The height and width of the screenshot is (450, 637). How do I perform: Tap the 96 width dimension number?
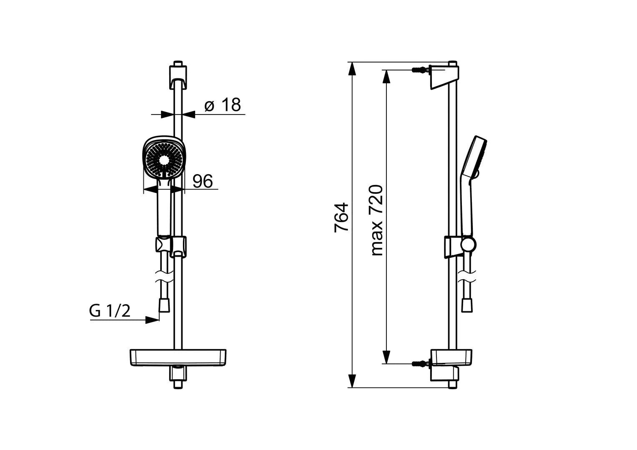pyautogui.click(x=203, y=181)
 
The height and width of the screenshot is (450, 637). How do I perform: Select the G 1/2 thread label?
pyautogui.click(x=110, y=311)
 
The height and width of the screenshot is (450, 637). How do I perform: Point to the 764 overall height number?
pyautogui.click(x=341, y=217)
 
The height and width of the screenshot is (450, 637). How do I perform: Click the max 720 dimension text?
pyautogui.click(x=377, y=220)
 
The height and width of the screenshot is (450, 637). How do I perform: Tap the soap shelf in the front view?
pyautogui.click(x=178, y=357)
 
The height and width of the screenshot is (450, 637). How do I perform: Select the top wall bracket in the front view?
pyautogui.click(x=178, y=77)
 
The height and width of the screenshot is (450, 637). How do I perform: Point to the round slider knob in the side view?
pyautogui.click(x=468, y=245)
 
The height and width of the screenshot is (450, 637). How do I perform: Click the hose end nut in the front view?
pyautogui.click(x=164, y=305)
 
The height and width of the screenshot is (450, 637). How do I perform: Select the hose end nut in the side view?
pyautogui.click(x=467, y=305)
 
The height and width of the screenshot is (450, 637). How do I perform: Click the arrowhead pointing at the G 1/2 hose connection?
pyautogui.click(x=152, y=320)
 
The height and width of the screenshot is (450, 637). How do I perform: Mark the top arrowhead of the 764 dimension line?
pyautogui.click(x=352, y=69)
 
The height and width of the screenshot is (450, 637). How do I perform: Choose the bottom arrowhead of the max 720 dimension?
pyautogui.click(x=386, y=357)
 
